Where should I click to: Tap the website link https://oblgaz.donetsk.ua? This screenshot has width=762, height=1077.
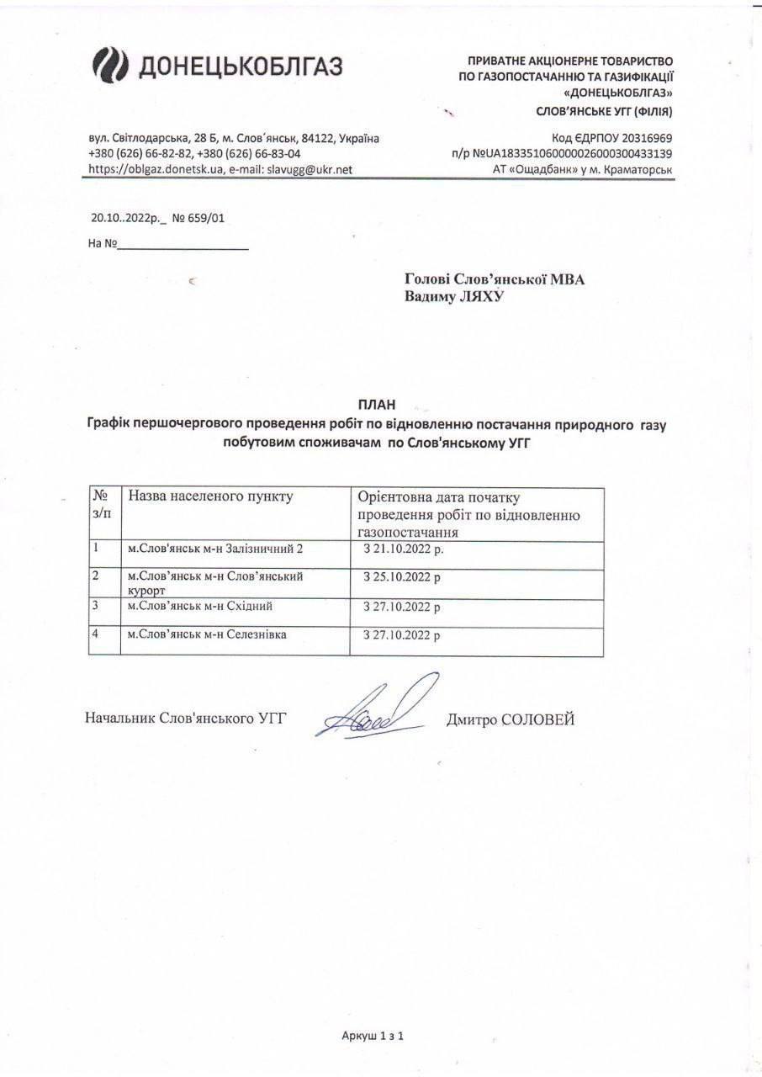coord(155,169)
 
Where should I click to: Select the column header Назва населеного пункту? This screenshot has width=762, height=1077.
coord(210,496)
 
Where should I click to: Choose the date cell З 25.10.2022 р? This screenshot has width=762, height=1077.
coord(401,578)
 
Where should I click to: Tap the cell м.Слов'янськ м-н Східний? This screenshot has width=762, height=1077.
coord(199,606)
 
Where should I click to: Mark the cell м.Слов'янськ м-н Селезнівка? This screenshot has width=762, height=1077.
coord(206,634)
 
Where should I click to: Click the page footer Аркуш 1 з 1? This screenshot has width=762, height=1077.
coord(373,1037)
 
